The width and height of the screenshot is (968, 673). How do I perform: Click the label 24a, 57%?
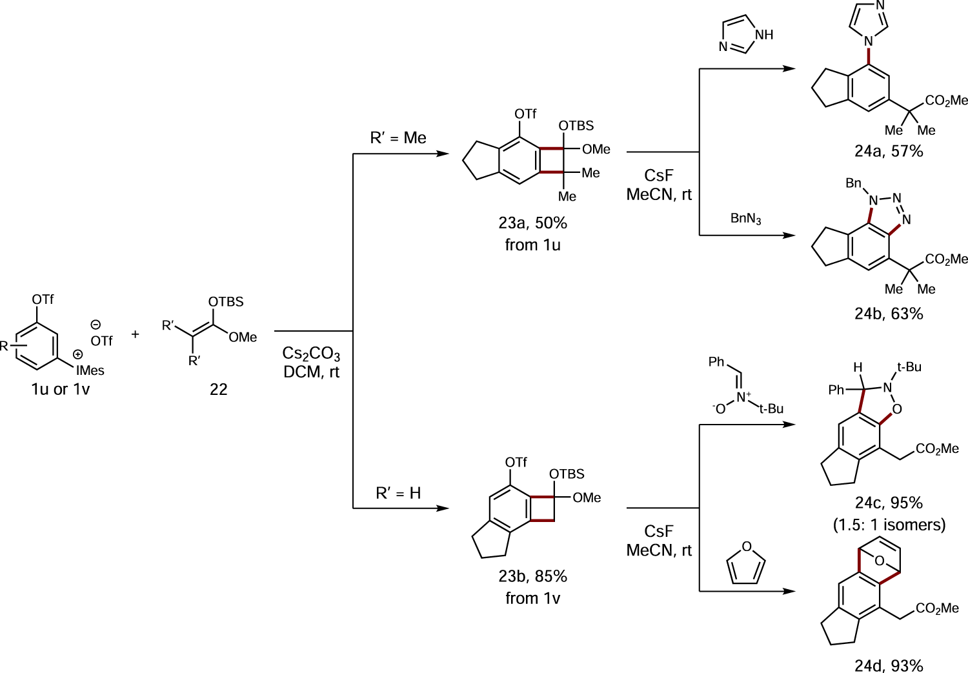tap(889, 152)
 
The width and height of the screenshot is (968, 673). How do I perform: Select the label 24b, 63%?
tap(889, 314)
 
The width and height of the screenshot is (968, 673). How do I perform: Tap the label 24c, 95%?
tap(889, 503)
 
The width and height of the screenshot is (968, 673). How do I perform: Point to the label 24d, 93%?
tap(889, 665)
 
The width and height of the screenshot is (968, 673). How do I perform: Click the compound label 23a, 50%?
tap(532, 223)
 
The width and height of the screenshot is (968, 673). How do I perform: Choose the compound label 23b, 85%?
tap(532, 576)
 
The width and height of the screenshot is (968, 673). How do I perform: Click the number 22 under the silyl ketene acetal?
tap(218, 389)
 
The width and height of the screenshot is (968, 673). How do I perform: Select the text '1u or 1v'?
tap(61, 389)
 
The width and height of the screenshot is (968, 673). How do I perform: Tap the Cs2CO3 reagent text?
tap(311, 354)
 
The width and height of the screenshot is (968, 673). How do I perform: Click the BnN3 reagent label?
tap(745, 219)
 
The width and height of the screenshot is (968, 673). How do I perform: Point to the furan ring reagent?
tap(746, 565)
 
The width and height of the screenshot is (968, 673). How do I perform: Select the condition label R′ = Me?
tap(398, 138)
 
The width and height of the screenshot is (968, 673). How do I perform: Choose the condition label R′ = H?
tap(398, 494)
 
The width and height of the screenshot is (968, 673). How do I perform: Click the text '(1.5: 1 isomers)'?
tap(889, 525)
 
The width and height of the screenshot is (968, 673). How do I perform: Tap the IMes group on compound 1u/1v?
tap(90, 370)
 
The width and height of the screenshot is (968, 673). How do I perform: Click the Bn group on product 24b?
tap(853, 183)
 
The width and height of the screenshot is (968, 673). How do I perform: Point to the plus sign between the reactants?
tap(135, 334)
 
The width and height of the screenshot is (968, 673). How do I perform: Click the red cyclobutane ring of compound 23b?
tap(542, 508)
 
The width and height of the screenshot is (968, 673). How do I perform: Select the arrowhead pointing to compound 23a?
tap(443, 154)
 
